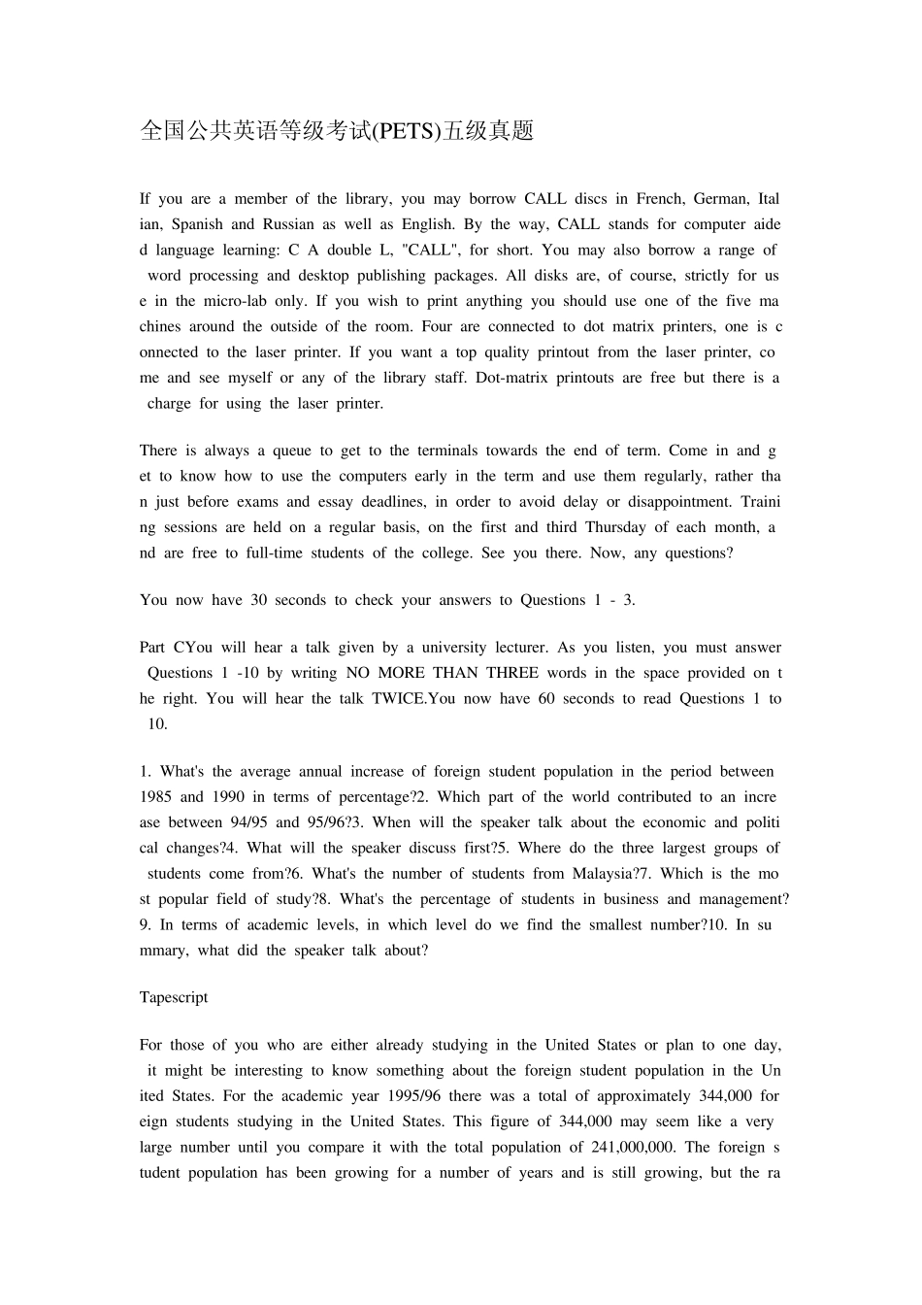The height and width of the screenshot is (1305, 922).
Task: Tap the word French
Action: [x=659, y=199]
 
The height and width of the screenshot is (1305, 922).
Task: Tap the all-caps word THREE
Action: [x=512, y=673]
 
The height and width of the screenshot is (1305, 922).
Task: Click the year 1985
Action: [x=156, y=797]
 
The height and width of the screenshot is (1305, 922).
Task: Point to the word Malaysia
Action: [x=604, y=874]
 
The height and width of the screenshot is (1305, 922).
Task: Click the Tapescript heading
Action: [x=174, y=997]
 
